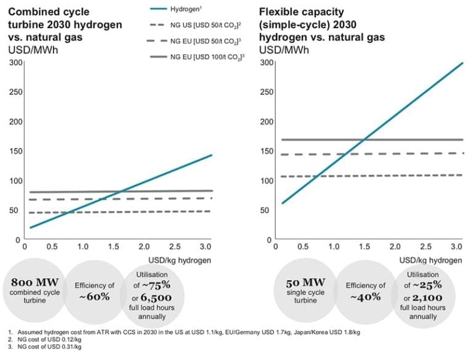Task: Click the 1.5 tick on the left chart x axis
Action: point(114,247)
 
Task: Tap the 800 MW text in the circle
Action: point(34,282)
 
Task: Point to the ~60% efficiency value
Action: point(95,297)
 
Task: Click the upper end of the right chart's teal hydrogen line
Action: point(462,63)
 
